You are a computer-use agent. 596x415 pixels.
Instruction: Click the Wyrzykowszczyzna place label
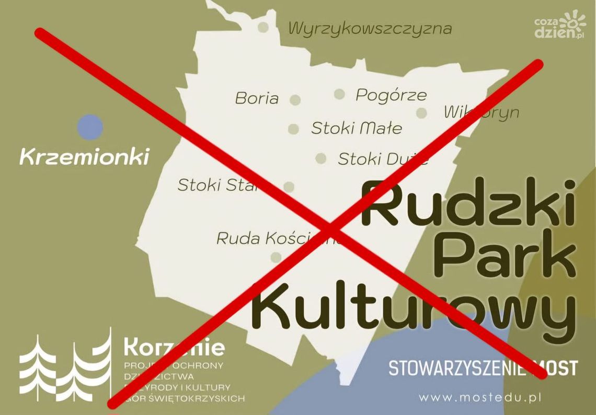[370, 28]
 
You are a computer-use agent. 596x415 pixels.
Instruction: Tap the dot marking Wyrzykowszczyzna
[264, 27]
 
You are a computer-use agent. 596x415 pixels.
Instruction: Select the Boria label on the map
[257, 98]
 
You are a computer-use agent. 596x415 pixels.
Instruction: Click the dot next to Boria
[295, 100]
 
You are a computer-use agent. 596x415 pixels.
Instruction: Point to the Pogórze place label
[391, 95]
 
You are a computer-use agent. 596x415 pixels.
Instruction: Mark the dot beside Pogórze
[339, 94]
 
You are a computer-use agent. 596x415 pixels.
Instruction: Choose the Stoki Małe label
[357, 128]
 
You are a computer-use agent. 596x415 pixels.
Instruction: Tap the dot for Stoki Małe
[293, 129]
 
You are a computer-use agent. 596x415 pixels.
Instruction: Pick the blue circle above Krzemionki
[90, 127]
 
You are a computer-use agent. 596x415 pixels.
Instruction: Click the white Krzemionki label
[84, 156]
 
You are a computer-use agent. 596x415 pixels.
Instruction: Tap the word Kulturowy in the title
[413, 308]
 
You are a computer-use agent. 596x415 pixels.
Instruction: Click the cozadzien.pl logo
[559, 26]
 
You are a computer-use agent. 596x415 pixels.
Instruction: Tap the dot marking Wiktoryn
[421, 113]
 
